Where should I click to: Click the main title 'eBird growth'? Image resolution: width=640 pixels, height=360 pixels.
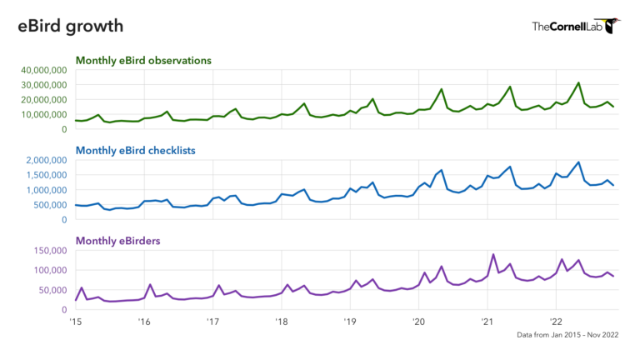[71, 27]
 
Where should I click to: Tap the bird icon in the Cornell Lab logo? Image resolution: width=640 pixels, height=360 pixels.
[613, 25]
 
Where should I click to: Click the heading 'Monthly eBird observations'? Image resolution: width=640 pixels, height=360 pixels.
[143, 60]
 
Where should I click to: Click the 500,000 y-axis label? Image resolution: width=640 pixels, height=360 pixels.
[48, 205]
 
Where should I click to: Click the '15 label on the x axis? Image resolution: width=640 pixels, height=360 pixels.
[75, 321]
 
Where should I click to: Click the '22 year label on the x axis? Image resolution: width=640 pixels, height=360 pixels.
[555, 321]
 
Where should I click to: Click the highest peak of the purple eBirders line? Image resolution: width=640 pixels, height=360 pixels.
[493, 255]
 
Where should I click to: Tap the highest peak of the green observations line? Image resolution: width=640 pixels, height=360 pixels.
[578, 83]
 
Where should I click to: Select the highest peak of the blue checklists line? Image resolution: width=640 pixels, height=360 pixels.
[578, 162]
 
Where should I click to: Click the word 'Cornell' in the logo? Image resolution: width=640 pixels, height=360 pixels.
[570, 27]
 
